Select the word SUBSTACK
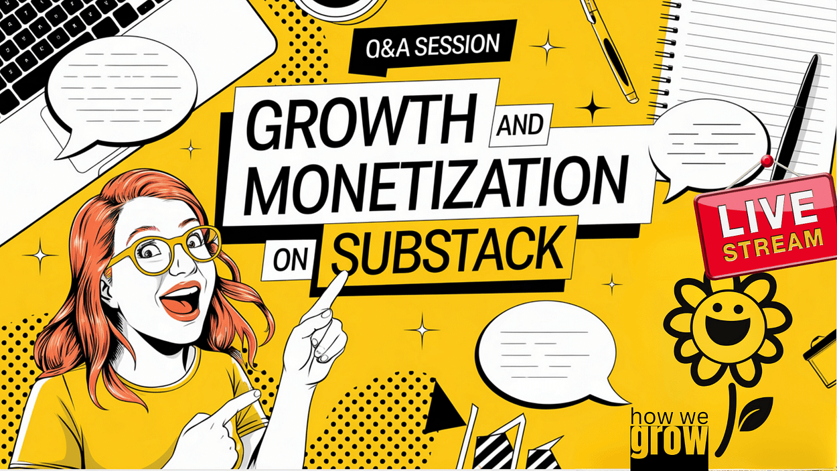(446, 250)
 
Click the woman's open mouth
(181, 299)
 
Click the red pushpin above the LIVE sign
(767, 161)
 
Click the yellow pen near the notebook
(610, 50)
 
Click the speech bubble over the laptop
(121, 94)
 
